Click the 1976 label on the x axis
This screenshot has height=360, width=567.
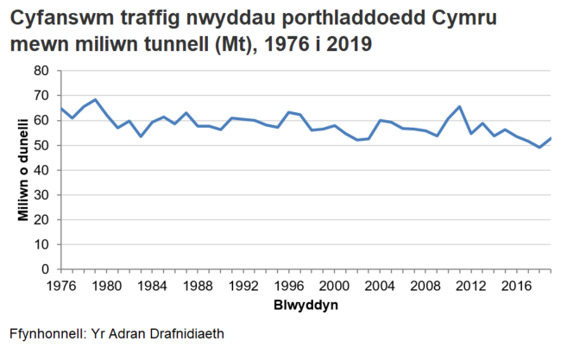tap(60, 285)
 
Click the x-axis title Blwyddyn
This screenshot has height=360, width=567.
tap(306, 306)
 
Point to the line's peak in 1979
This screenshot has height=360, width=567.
tap(94, 100)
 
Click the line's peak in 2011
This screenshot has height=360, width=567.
tap(460, 106)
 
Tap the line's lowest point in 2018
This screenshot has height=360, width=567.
tap(540, 148)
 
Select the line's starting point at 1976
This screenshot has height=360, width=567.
tap(60, 108)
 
